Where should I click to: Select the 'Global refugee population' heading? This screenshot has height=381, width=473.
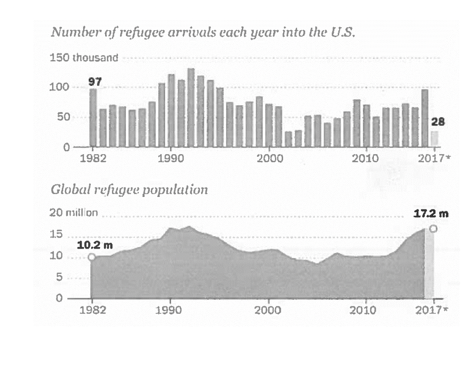[129, 190]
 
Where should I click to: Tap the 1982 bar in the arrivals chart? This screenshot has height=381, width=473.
[93, 118]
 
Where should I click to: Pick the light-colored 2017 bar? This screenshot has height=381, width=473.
[434, 139]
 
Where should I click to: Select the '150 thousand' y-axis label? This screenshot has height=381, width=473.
[84, 58]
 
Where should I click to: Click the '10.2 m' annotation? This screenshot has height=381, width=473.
[91, 245]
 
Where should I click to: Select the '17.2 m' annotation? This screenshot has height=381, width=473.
[431, 214]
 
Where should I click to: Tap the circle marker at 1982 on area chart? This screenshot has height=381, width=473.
[92, 257]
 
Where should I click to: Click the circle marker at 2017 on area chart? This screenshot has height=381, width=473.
[434, 229]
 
